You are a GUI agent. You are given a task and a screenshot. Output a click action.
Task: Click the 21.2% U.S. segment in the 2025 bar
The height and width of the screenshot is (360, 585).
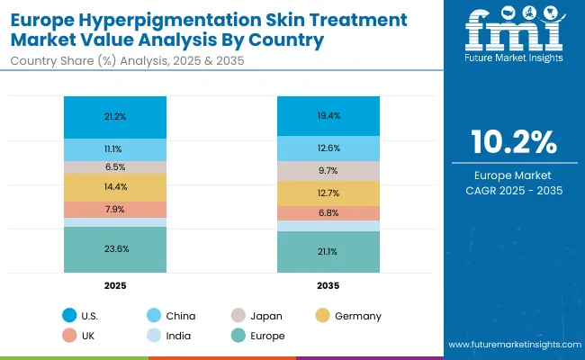tap(115, 116)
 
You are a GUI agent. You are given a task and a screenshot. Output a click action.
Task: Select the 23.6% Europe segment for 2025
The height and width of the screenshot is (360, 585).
tap(115, 249)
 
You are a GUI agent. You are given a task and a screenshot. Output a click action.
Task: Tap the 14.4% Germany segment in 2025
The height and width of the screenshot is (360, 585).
tap(115, 187)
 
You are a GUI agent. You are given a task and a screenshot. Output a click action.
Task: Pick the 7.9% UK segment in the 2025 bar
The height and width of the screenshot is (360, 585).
tap(115, 210)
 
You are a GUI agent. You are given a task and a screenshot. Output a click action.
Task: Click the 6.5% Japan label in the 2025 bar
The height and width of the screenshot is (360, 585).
tap(115, 167)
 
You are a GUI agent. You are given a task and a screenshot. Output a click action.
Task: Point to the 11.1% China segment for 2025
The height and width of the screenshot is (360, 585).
tap(115, 149)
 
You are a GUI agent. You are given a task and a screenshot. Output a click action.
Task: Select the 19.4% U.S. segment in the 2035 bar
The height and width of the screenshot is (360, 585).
tap(328, 116)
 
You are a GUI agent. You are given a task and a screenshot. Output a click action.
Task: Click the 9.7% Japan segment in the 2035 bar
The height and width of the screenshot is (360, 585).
tap(328, 171)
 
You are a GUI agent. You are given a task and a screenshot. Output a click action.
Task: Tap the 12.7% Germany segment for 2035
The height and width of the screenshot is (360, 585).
tap(328, 193)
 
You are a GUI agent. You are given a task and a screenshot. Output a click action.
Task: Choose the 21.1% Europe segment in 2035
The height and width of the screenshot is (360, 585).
tap(328, 252)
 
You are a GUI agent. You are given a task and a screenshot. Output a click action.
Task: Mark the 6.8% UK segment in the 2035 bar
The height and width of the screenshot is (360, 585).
tap(328, 213)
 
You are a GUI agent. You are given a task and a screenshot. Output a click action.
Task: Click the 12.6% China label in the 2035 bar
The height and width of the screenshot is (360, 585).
tap(328, 148)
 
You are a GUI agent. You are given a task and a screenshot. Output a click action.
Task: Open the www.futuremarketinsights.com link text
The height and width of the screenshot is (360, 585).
tap(512, 345)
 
